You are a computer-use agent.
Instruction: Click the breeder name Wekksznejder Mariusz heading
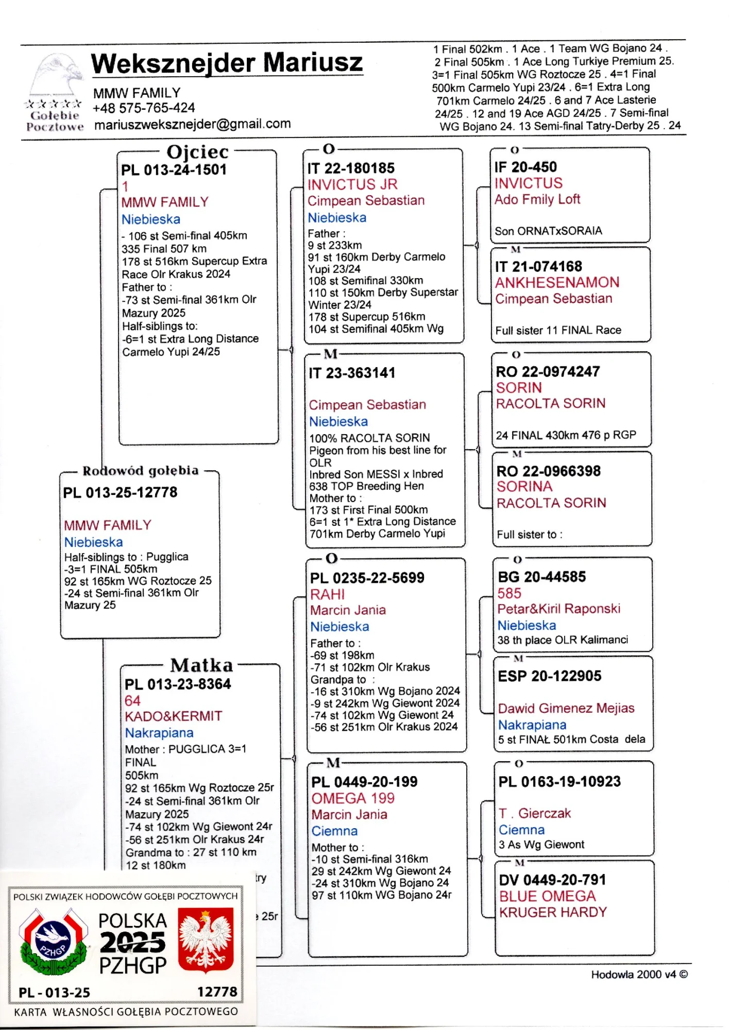[227, 63]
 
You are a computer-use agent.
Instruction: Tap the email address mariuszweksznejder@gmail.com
[192, 124]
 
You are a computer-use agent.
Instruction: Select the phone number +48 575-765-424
[144, 108]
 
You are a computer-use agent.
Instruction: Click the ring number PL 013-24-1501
[174, 170]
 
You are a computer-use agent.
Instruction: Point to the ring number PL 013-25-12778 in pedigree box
[120, 493]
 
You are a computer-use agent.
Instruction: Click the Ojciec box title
[197, 152]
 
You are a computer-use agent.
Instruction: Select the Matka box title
[201, 665]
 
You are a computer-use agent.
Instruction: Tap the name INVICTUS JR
[352, 184]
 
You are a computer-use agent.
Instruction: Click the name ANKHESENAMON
[557, 282]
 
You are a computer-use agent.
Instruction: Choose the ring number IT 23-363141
[352, 373]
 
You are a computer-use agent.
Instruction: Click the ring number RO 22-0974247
[548, 371]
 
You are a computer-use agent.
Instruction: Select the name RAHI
[327, 594]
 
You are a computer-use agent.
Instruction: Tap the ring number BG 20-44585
[541, 577]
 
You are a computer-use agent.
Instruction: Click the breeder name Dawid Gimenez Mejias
[566, 708]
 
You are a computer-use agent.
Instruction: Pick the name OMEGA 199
[353, 798]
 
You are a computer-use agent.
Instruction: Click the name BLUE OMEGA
[547, 896]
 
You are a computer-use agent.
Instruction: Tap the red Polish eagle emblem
[206, 940]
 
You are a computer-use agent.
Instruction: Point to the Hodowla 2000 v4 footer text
[639, 974]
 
